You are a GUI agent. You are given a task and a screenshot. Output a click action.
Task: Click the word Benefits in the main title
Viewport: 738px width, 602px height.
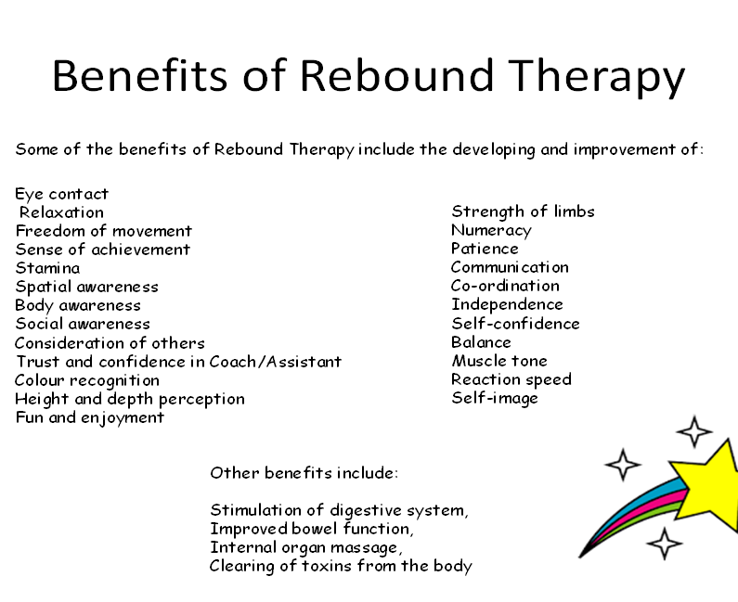[x=140, y=75]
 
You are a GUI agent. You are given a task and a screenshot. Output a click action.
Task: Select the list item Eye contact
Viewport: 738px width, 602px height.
[x=61, y=194]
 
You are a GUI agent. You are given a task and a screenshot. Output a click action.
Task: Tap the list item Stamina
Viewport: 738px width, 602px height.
[x=47, y=268]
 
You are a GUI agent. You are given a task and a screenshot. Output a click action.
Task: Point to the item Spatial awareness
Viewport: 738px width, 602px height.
[x=86, y=287]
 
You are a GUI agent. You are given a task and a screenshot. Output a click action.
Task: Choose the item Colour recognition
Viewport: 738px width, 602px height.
[x=87, y=381]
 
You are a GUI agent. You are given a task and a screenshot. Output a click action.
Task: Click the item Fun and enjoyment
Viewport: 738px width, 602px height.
[x=89, y=418]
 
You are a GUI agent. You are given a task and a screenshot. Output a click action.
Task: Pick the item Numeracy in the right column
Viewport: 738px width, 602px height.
[x=491, y=230]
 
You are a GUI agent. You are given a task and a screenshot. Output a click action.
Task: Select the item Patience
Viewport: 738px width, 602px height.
[x=485, y=249]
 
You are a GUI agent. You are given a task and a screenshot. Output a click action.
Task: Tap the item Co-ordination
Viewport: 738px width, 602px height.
[x=505, y=286]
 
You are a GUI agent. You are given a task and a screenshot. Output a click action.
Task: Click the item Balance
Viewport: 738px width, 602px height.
[x=481, y=342]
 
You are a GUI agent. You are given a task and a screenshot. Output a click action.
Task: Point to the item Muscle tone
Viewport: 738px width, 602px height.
[x=499, y=361]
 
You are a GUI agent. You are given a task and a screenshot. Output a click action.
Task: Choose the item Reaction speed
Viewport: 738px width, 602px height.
[x=511, y=379]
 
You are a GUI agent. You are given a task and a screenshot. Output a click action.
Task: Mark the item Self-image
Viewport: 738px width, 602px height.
[x=495, y=398]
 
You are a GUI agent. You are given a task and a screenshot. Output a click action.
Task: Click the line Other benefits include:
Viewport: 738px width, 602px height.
[x=304, y=473]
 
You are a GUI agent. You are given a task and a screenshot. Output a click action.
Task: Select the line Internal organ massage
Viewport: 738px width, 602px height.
[x=306, y=548]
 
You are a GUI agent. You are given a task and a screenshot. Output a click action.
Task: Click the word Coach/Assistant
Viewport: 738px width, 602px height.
[x=276, y=362]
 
